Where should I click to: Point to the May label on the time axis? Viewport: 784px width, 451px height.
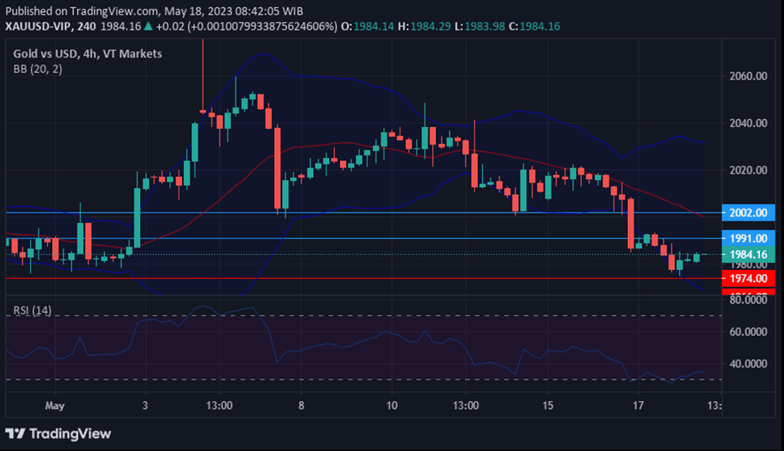pyautogui.click(x=54, y=405)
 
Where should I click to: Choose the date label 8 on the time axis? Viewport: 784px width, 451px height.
pyautogui.click(x=301, y=405)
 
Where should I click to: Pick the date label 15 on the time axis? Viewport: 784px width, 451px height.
pyautogui.click(x=548, y=405)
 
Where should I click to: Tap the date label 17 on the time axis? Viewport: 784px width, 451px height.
pyautogui.click(x=638, y=405)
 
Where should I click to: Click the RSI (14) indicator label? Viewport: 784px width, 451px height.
pyautogui.click(x=32, y=310)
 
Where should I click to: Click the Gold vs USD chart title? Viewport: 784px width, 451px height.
pyautogui.click(x=51, y=54)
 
